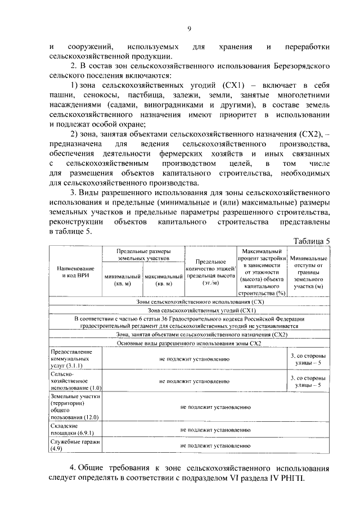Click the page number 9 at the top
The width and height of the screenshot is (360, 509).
189,29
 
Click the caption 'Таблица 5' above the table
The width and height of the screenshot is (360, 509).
312,240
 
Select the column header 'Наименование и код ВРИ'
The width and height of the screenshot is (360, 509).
75,272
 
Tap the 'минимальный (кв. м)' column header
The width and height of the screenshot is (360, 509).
123,281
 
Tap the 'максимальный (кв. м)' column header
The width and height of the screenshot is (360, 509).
164,281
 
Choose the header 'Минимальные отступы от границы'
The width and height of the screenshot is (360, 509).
308,272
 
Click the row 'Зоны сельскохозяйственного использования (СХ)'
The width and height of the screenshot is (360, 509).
189,302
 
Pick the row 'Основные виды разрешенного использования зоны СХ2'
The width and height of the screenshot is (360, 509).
189,343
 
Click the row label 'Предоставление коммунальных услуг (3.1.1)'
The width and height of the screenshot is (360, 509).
67,358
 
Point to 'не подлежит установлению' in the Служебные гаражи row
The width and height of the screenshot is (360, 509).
215,445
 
